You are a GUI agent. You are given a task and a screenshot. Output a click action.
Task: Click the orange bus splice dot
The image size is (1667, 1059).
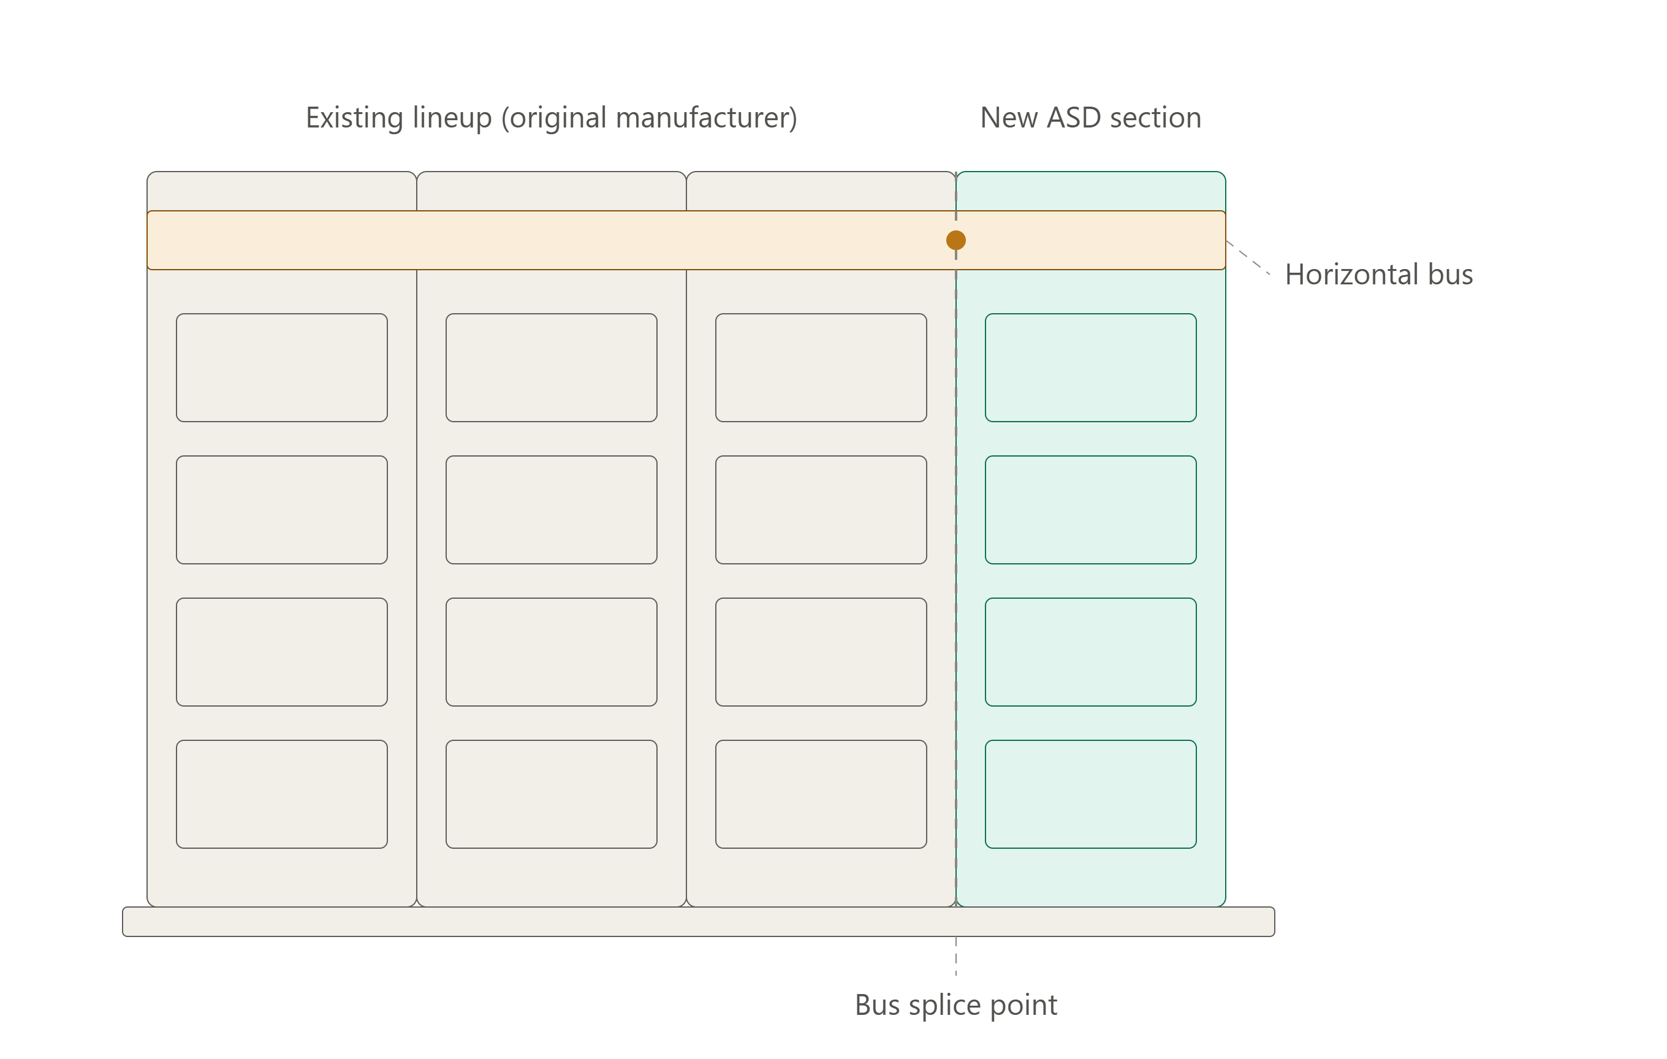(x=956, y=240)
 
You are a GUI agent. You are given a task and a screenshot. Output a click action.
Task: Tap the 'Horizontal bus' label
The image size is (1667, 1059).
(x=1379, y=274)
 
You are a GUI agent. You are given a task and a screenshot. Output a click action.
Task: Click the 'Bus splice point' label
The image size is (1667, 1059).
(x=956, y=1005)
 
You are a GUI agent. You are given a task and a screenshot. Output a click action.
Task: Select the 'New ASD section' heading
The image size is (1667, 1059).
(x=1091, y=118)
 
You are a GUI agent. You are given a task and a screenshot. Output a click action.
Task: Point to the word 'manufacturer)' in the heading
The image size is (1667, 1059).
(x=706, y=118)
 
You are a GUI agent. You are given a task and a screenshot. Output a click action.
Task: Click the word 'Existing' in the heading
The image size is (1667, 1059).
(x=354, y=118)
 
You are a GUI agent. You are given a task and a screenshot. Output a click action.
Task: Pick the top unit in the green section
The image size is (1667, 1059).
(x=1091, y=368)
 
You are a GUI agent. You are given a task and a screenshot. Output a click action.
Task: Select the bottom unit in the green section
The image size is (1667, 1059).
(x=1091, y=794)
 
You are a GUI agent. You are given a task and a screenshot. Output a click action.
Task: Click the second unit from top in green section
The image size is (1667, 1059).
(x=1091, y=509)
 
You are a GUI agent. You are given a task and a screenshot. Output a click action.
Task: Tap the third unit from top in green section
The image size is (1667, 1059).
(x=1091, y=652)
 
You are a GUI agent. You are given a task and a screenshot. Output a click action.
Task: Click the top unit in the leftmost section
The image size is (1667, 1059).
(x=282, y=368)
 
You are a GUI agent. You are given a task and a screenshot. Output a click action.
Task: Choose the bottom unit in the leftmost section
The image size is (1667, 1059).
(x=282, y=794)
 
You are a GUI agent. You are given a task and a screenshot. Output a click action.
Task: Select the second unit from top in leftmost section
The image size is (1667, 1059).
(x=282, y=509)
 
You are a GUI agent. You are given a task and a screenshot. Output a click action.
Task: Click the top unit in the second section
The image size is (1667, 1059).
(x=552, y=368)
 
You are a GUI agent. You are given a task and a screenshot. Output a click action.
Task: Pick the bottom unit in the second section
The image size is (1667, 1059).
(x=552, y=794)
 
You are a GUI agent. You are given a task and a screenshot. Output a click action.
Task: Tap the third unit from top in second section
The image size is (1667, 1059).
(x=552, y=652)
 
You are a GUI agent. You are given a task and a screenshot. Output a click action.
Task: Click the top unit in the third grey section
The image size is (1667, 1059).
(x=821, y=368)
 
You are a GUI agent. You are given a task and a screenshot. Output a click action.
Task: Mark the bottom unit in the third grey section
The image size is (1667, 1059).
(x=821, y=794)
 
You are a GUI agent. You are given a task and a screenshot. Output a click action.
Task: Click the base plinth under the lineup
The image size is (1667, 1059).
(x=699, y=922)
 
